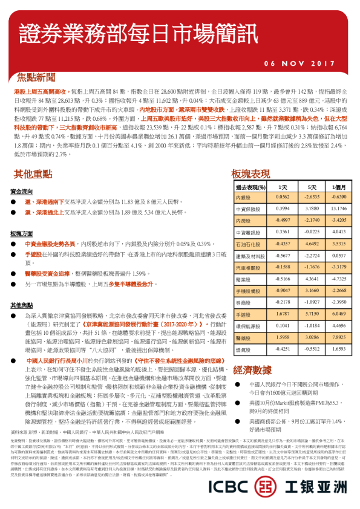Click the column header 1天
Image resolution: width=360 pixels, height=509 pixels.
(x=283, y=187)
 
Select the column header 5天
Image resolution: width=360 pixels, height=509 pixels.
(x=312, y=187)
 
